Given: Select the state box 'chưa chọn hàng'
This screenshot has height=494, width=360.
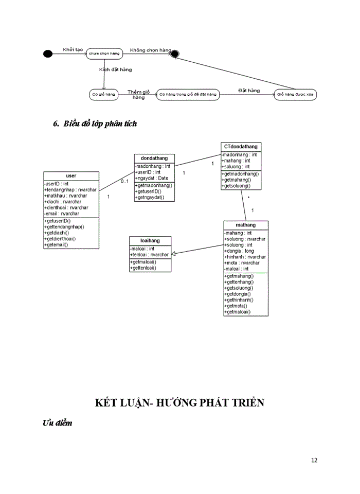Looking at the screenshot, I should point(104,54).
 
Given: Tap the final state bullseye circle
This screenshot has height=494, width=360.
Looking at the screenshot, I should point(175,54).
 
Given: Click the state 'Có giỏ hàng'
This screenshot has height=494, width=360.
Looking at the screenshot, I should point(103,95).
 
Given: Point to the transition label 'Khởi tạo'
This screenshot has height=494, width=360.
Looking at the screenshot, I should point(73,49).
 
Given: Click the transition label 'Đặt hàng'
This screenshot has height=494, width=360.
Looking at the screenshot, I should point(248,90).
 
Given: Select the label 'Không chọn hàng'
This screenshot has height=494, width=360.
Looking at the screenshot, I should point(150,50).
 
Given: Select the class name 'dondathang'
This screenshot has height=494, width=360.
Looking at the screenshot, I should point(154,158).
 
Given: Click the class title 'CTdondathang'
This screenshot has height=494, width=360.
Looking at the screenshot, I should point(241,147).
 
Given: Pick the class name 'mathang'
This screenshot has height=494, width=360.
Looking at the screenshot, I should point(245,225).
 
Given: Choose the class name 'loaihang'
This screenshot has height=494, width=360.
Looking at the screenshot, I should point(150,241).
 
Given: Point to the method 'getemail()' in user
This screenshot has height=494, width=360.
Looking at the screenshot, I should point(57,245).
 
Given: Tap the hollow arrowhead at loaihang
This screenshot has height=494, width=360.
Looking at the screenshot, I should point(174,253).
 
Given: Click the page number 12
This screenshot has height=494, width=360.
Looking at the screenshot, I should point(314,460).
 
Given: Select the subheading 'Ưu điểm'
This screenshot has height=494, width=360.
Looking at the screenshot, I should point(57,423).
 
